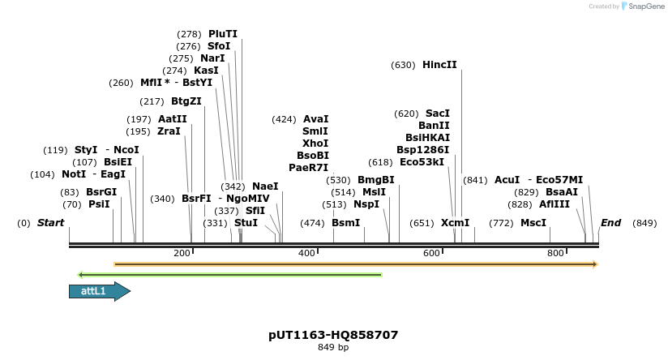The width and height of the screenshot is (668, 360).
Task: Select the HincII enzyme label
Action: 439,65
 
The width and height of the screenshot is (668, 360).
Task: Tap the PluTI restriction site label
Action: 223,34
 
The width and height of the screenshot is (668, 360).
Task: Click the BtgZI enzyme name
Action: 186,101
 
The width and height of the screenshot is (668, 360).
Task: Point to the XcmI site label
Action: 455,223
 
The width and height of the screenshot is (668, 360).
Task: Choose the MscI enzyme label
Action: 533,223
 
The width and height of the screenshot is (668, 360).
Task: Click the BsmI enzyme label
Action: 346,223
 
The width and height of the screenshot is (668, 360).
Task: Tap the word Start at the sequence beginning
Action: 50,223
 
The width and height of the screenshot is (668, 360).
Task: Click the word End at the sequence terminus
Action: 610,223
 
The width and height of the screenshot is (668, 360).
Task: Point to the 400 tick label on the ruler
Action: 306,254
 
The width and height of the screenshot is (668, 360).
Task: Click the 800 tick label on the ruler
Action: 555,254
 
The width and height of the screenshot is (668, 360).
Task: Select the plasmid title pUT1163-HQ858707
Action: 333,335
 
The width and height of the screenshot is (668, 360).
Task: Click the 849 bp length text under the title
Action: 333,348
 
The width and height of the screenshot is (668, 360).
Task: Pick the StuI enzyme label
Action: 246,223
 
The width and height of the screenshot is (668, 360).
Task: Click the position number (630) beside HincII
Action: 403,65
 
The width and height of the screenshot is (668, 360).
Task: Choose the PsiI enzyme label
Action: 99,204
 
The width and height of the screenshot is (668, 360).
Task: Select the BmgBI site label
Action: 376,180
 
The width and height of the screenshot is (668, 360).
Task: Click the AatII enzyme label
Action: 172,119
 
